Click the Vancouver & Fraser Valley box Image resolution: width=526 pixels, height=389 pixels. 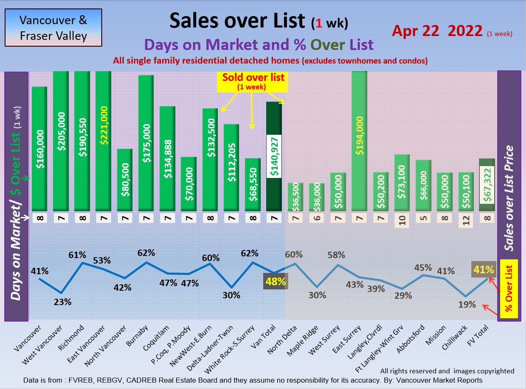[53, 28]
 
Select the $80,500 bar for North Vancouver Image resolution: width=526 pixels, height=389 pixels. [125, 180]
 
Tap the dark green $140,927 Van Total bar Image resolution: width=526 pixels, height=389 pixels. [274, 156]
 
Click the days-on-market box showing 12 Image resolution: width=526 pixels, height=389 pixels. [466, 221]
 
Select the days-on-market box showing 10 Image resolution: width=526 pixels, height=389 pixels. [402, 221]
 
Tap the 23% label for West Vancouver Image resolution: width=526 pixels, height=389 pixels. [62, 302]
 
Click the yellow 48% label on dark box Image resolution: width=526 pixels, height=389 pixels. [276, 281]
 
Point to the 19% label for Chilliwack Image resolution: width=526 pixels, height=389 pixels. [467, 305]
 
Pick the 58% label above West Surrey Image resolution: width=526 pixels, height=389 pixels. [337, 255]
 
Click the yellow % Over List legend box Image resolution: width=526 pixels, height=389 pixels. [509, 289]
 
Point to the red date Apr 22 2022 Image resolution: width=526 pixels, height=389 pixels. [437, 31]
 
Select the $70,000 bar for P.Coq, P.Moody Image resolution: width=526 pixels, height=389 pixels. [189, 184]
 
